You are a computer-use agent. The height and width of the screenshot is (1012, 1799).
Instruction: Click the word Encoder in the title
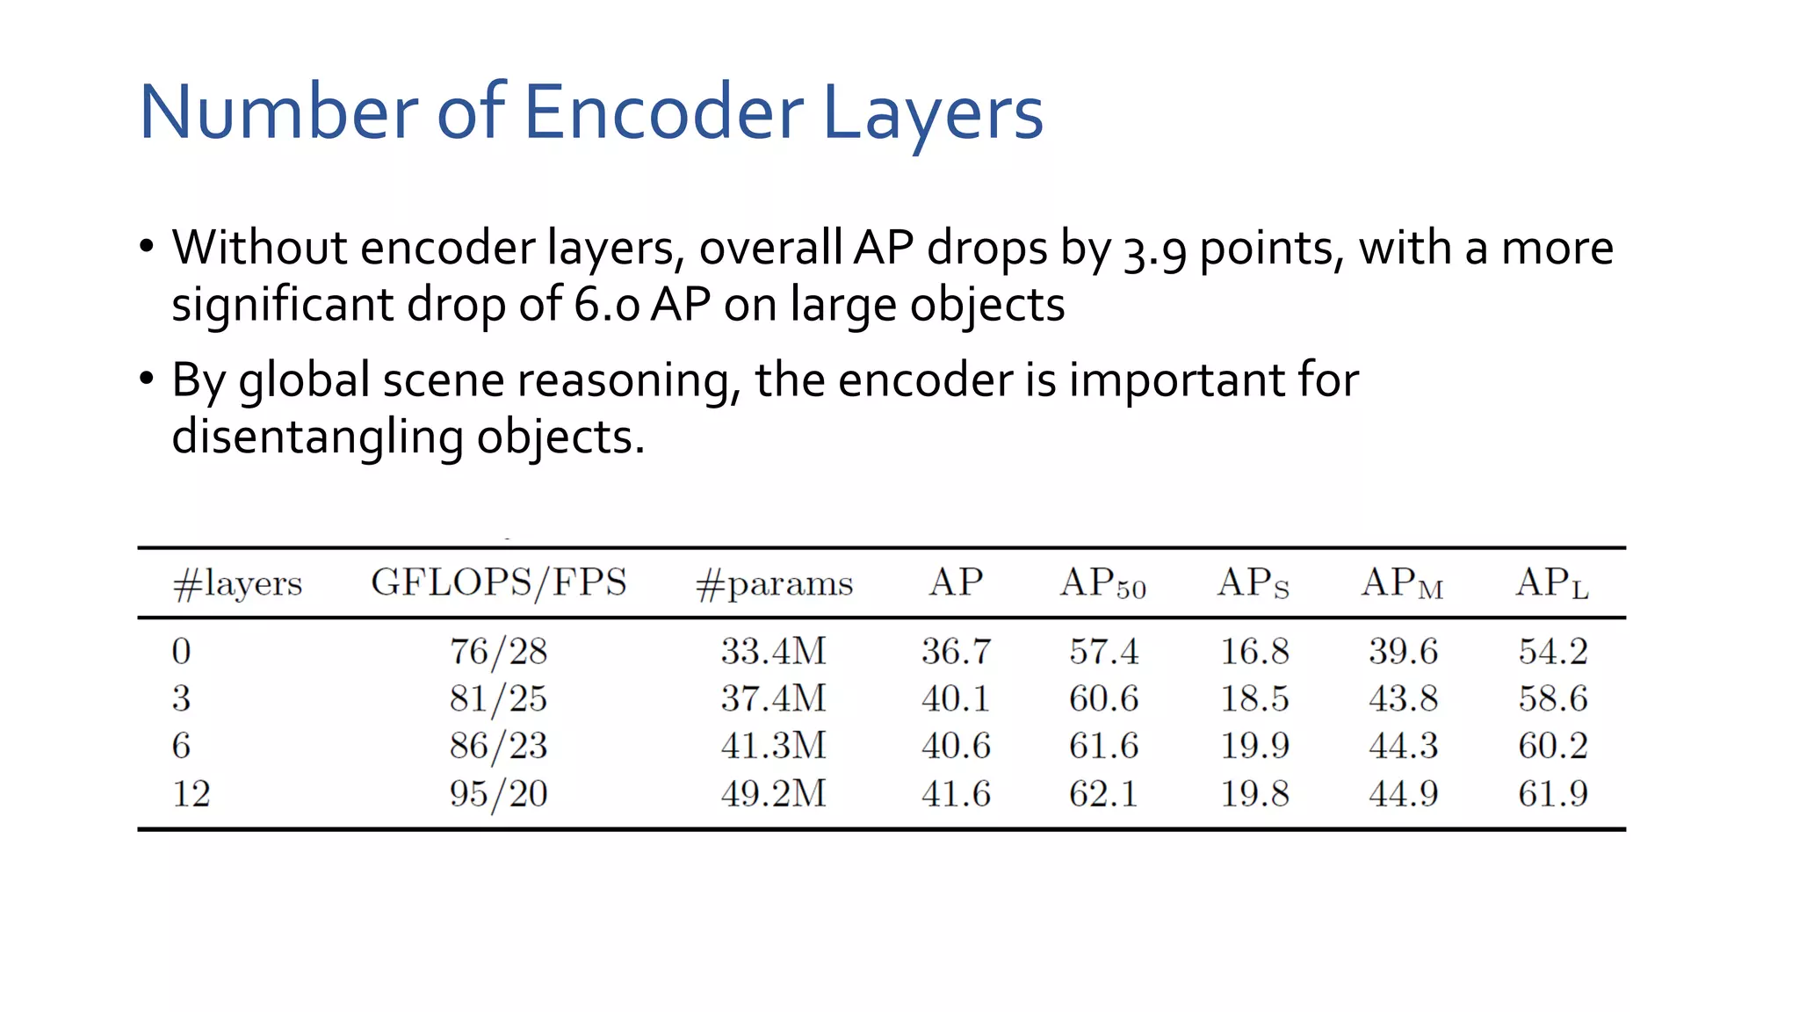click(x=663, y=112)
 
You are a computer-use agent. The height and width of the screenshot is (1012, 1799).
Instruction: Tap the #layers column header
click(x=237, y=583)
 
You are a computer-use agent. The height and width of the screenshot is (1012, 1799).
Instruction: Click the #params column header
click(x=774, y=583)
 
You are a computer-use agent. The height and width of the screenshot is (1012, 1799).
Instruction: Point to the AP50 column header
click(x=1103, y=583)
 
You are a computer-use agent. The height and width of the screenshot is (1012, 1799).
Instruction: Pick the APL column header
click(x=1552, y=583)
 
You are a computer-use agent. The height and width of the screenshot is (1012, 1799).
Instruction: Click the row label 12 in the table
click(x=191, y=793)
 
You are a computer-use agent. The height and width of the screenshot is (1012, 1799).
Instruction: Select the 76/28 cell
click(x=498, y=651)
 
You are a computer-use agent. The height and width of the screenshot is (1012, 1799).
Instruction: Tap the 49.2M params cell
click(x=774, y=793)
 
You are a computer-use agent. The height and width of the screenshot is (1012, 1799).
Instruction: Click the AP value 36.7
click(x=956, y=651)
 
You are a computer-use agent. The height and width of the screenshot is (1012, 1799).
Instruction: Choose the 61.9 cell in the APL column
click(x=1552, y=793)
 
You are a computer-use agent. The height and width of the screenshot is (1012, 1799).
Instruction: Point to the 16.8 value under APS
click(x=1254, y=651)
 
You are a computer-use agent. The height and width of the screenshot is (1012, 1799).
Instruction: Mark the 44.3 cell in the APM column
click(x=1403, y=746)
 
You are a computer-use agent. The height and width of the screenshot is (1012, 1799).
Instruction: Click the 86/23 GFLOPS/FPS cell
click(x=498, y=746)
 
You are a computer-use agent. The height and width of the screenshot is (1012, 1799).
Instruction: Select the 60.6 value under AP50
click(x=1103, y=698)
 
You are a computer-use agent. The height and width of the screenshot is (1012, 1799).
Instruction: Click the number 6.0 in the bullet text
click(x=607, y=306)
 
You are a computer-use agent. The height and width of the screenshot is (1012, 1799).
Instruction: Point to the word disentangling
click(x=317, y=437)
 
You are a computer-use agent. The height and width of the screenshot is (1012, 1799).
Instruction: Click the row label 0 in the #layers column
click(x=181, y=651)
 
